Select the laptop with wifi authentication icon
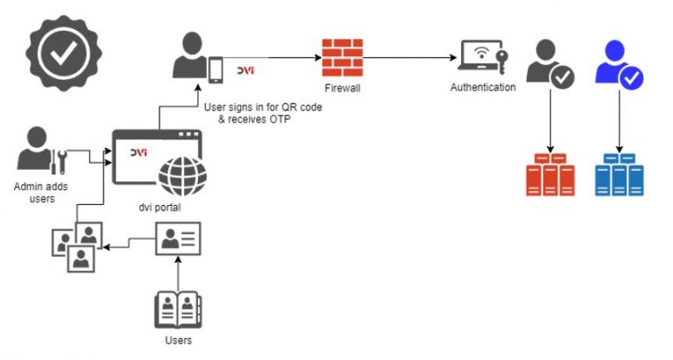coord(481,58)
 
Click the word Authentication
coord(483,88)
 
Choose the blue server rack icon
coord(620,175)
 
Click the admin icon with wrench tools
coord(41,151)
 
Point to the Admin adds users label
coord(40,193)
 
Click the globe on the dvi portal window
coord(182,175)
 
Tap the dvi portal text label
coord(156,208)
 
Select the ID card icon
coord(180,239)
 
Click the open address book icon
coord(178,308)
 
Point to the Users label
coord(178,340)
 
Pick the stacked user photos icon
coord(76,245)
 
